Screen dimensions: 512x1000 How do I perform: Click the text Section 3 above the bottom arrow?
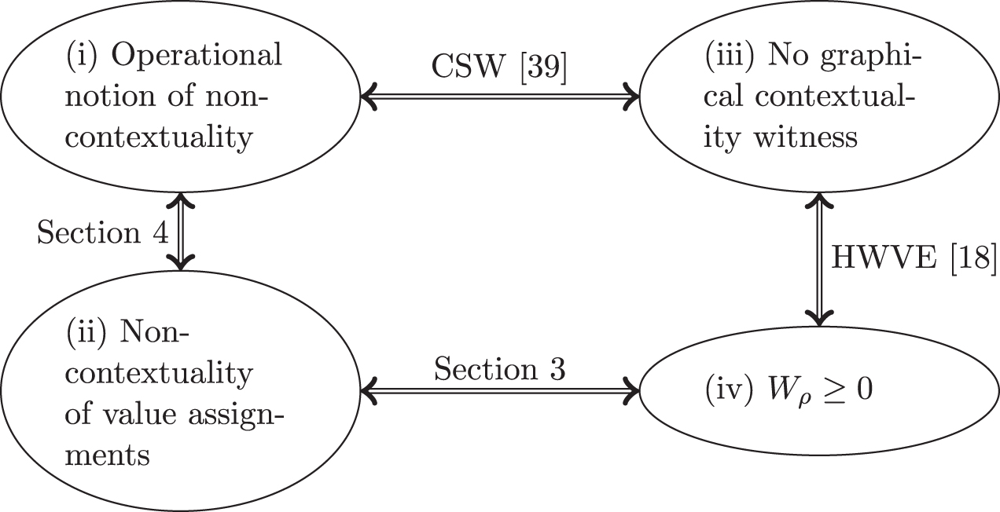coord(500,369)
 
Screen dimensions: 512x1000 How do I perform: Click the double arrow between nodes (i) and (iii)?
coord(500,98)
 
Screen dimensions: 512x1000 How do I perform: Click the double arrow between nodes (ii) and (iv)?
coord(500,389)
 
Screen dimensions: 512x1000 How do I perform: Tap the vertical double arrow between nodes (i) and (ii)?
coord(182,232)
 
